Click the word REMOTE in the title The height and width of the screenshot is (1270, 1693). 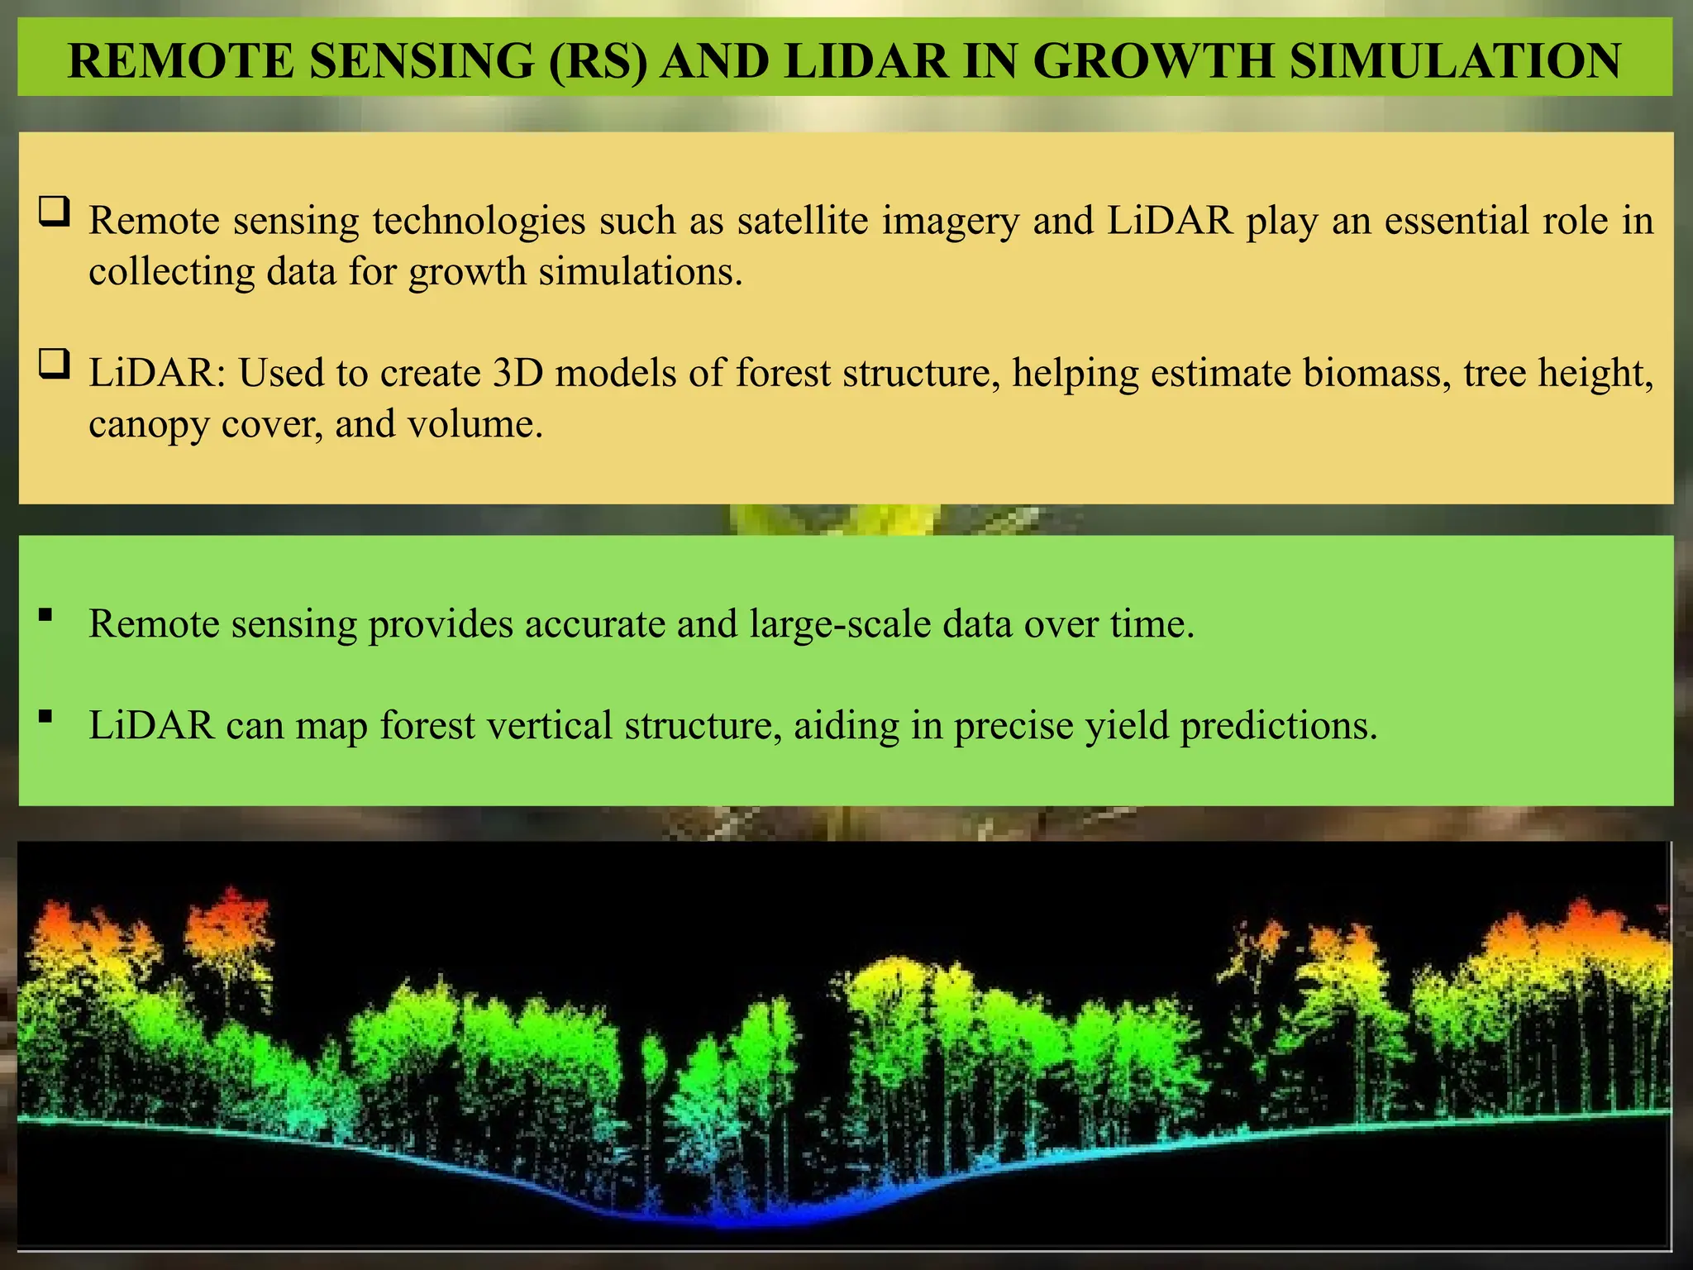[x=180, y=61]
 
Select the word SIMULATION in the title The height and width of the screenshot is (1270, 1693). [x=1455, y=61]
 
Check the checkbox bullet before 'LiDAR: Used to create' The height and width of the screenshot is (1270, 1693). [x=54, y=364]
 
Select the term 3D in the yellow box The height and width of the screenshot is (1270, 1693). [x=517, y=373]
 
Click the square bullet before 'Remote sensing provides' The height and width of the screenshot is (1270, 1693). [x=45, y=614]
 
